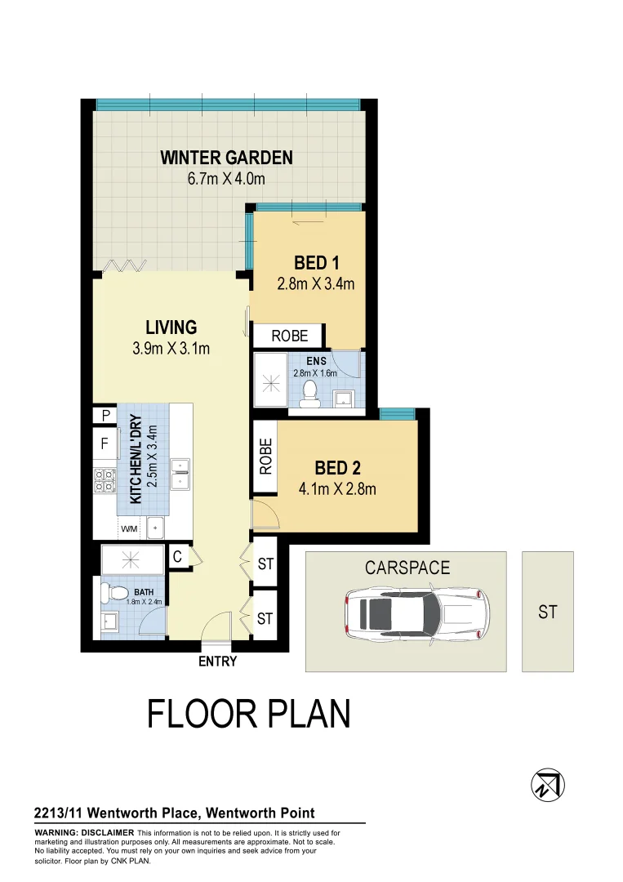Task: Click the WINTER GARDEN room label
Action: [x=226, y=158]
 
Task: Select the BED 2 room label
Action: [x=338, y=469]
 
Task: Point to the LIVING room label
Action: [x=171, y=327]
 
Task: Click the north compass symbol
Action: [x=547, y=785]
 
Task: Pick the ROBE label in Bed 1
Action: [x=290, y=336]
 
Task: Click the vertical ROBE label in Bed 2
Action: [x=265, y=457]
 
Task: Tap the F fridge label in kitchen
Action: [x=105, y=446]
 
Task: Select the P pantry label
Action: [x=105, y=416]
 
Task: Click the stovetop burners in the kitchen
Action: [x=105, y=479]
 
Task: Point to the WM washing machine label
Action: [x=129, y=529]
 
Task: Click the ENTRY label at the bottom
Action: [x=217, y=661]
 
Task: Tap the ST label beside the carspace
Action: [x=548, y=611]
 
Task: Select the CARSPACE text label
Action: [x=407, y=568]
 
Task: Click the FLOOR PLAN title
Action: [x=249, y=714]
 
